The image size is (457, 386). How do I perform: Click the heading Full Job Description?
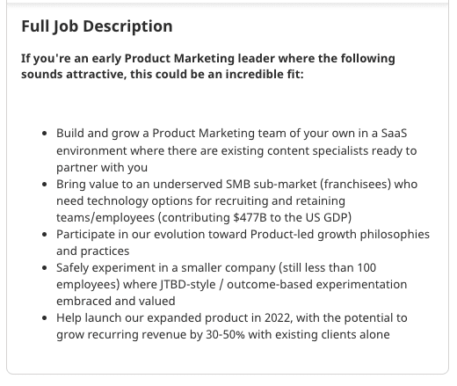pyautogui.click(x=97, y=26)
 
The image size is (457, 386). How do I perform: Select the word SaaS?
pyautogui.click(x=394, y=133)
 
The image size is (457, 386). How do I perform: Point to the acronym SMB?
pyautogui.click(x=238, y=184)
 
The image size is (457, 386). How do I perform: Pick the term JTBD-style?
pyautogui.click(x=188, y=285)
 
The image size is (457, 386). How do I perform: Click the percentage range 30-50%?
pyautogui.click(x=225, y=335)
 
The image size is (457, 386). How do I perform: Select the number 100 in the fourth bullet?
pyautogui.click(x=366, y=268)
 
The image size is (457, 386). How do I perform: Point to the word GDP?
pyautogui.click(x=337, y=217)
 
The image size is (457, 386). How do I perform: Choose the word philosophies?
pyautogui.click(x=395, y=235)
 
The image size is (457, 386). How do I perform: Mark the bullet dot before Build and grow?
pyautogui.click(x=45, y=134)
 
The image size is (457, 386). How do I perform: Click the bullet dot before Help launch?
pyautogui.click(x=45, y=318)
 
